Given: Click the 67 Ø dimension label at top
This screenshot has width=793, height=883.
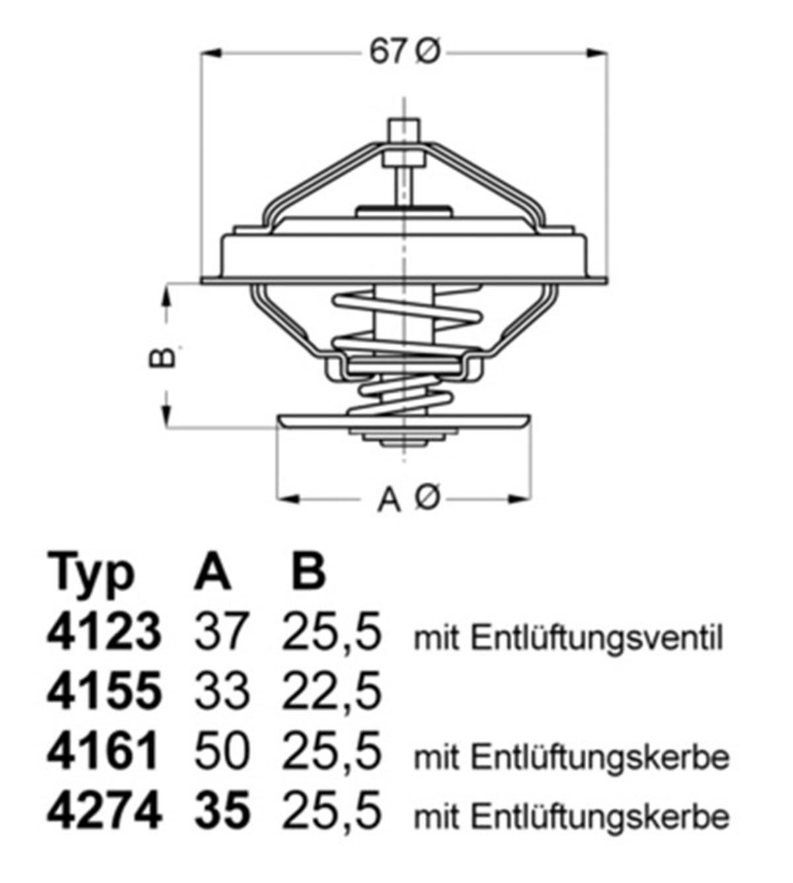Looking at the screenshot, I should (404, 52).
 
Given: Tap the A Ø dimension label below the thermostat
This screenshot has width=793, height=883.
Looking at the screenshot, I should (408, 498).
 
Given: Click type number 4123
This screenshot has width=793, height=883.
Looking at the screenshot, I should (104, 632).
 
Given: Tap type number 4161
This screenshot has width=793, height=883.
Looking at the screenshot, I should (104, 752).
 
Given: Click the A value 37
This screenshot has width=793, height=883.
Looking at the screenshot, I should (221, 632).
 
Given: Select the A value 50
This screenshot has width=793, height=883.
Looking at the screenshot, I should (221, 752).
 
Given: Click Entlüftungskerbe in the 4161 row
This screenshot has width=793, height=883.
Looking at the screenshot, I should (601, 757).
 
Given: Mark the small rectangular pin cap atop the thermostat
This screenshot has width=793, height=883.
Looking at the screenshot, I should (404, 130).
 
